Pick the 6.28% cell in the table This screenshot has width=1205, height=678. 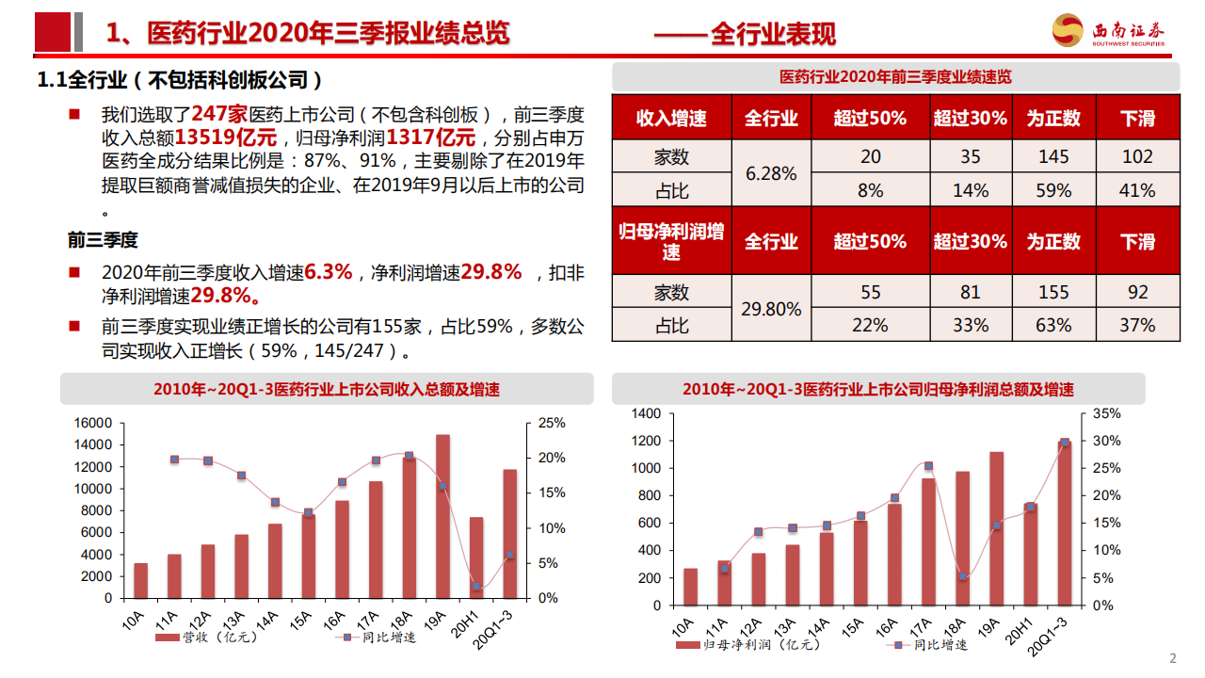tap(771, 174)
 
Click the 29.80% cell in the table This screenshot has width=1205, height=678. tap(771, 309)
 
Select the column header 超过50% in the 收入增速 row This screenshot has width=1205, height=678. tap(870, 118)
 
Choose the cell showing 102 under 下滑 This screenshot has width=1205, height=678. tap(1137, 157)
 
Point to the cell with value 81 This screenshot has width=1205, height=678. tap(970, 292)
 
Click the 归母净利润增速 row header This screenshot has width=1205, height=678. tap(671, 241)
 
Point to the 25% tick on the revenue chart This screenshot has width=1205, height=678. tap(552, 423)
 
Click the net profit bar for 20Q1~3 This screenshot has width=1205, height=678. tap(1065, 523)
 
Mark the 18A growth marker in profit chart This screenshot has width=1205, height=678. tap(962, 576)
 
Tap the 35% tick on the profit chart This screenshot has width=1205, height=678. tap(1107, 413)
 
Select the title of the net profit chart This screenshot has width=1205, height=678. tap(878, 389)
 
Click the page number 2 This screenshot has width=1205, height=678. tap(1172, 658)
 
